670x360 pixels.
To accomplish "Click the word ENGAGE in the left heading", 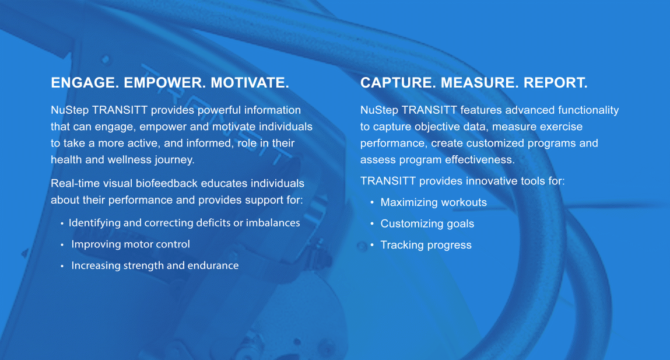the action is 85,82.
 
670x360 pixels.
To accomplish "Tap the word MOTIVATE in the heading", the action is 250,82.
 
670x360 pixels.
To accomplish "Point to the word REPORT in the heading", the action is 556,82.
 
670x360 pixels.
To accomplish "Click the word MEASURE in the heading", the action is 479,82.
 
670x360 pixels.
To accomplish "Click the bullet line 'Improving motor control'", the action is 130,244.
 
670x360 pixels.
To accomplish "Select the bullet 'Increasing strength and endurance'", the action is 155,265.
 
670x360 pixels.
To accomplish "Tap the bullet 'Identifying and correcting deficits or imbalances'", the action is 184,223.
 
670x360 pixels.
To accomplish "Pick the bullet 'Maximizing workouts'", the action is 433,202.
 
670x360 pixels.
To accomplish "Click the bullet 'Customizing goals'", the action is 427,223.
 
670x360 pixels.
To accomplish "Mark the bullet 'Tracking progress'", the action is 426,245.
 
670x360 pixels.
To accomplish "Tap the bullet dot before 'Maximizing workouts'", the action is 372,202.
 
